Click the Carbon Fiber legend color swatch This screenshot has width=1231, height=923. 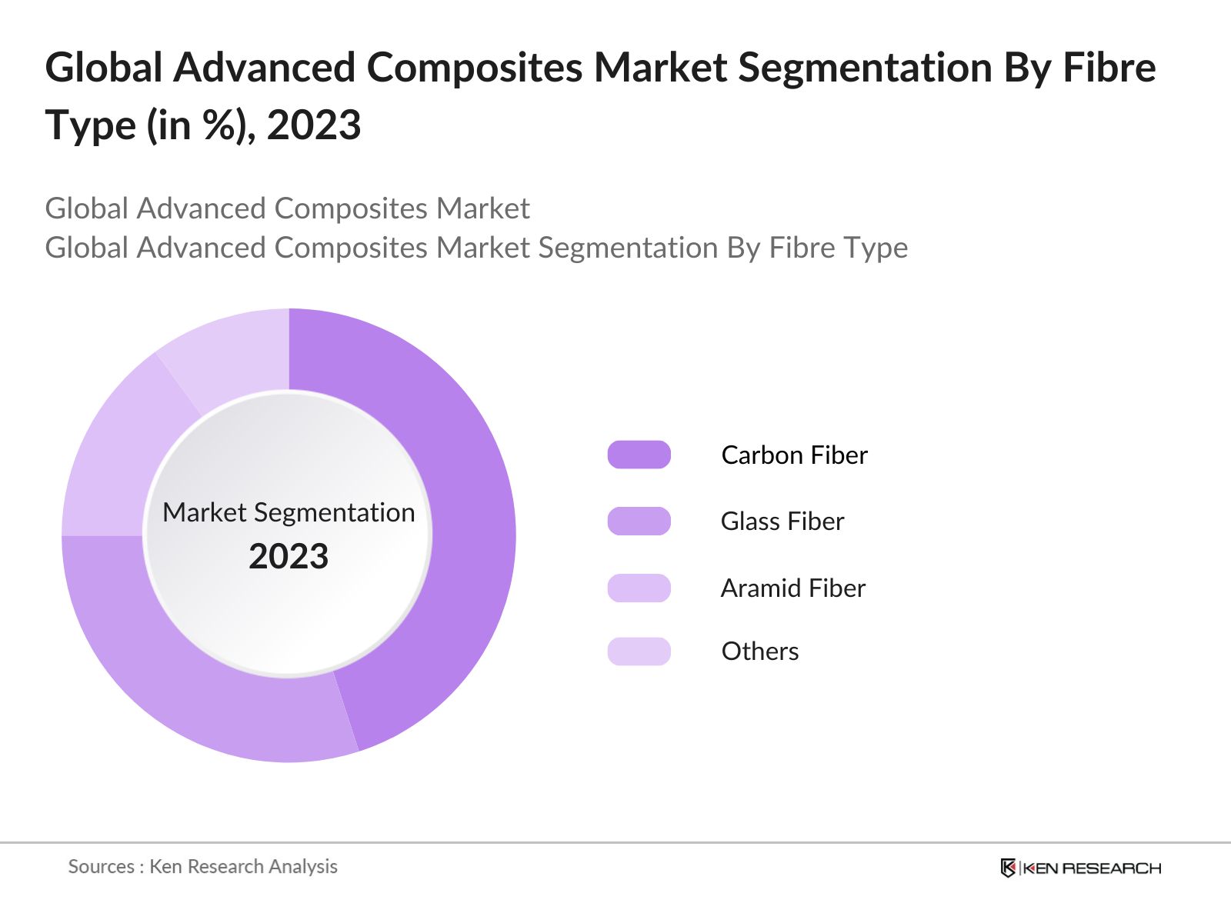point(639,455)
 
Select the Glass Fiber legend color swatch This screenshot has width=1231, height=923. point(639,521)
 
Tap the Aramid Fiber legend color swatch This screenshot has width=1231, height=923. point(639,588)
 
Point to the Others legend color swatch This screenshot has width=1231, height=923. point(639,651)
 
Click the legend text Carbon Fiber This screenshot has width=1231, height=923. point(794,455)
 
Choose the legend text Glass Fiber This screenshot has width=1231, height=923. point(782,521)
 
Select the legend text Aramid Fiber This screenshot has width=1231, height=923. point(792,588)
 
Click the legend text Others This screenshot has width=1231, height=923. point(759,651)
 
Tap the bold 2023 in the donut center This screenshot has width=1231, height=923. point(289,556)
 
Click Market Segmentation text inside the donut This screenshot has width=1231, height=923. point(289,512)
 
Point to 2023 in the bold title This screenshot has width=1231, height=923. point(314,125)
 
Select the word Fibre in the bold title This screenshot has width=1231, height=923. point(1109,68)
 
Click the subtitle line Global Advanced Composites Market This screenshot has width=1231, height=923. point(287,208)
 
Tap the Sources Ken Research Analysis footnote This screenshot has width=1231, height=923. point(202,866)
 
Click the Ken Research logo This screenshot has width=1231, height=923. point(1080,868)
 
